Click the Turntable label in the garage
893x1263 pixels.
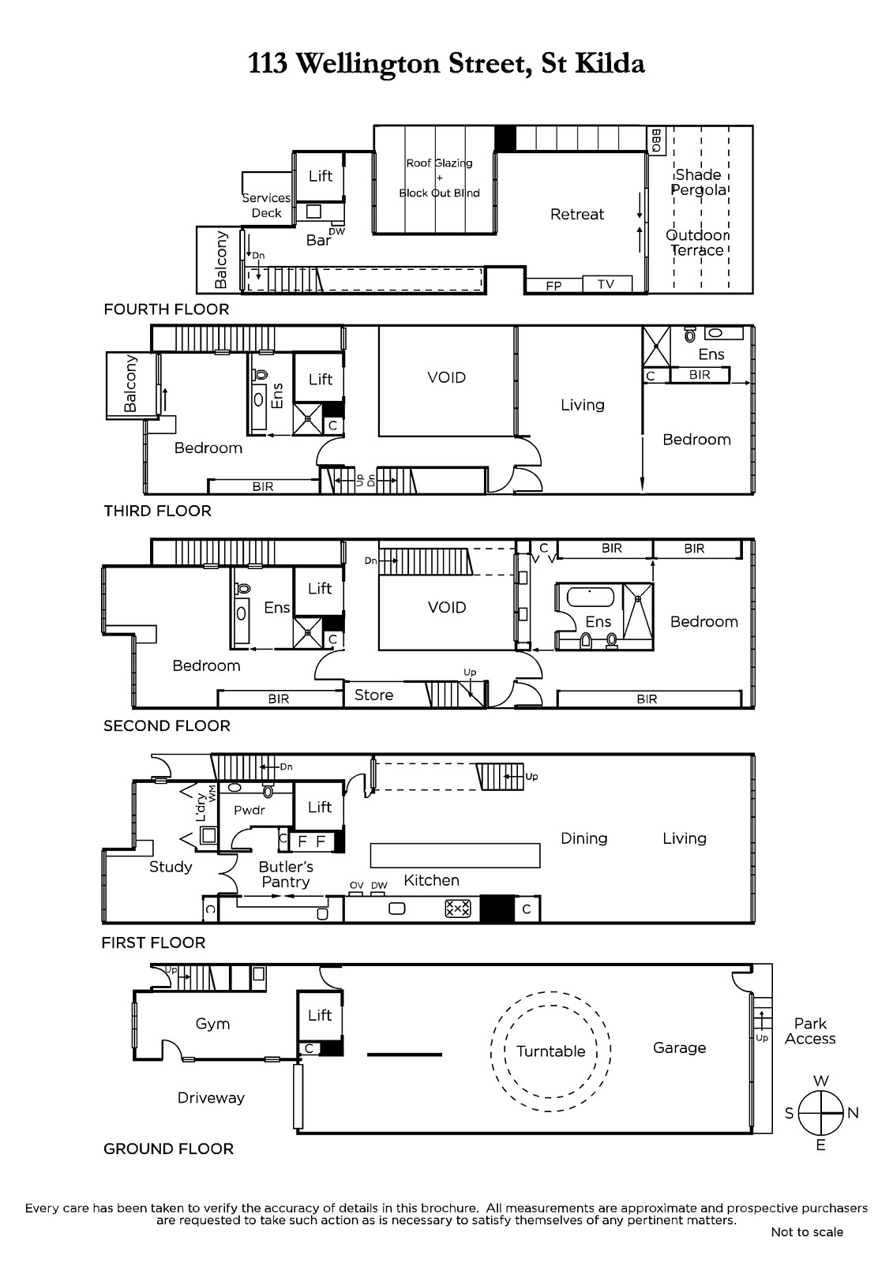[x=550, y=1051]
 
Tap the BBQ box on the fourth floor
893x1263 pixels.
[x=655, y=141]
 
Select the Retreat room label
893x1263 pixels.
[x=577, y=214]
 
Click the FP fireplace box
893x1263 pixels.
[x=553, y=285]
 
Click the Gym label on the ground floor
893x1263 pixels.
[x=212, y=1024]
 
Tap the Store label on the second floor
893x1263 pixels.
[x=373, y=695]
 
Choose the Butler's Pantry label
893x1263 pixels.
[x=286, y=874]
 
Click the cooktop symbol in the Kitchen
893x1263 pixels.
[x=457, y=909]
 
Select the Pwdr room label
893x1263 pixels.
[x=250, y=810]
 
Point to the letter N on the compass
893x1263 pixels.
[x=853, y=1112]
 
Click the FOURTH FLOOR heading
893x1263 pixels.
[x=167, y=309]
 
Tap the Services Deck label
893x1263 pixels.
[x=266, y=205]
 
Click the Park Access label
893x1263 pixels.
[x=810, y=1031]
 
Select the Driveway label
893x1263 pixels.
[x=211, y=1098]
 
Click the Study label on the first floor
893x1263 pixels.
[x=171, y=867]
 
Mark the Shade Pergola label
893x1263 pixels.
[x=699, y=182]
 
